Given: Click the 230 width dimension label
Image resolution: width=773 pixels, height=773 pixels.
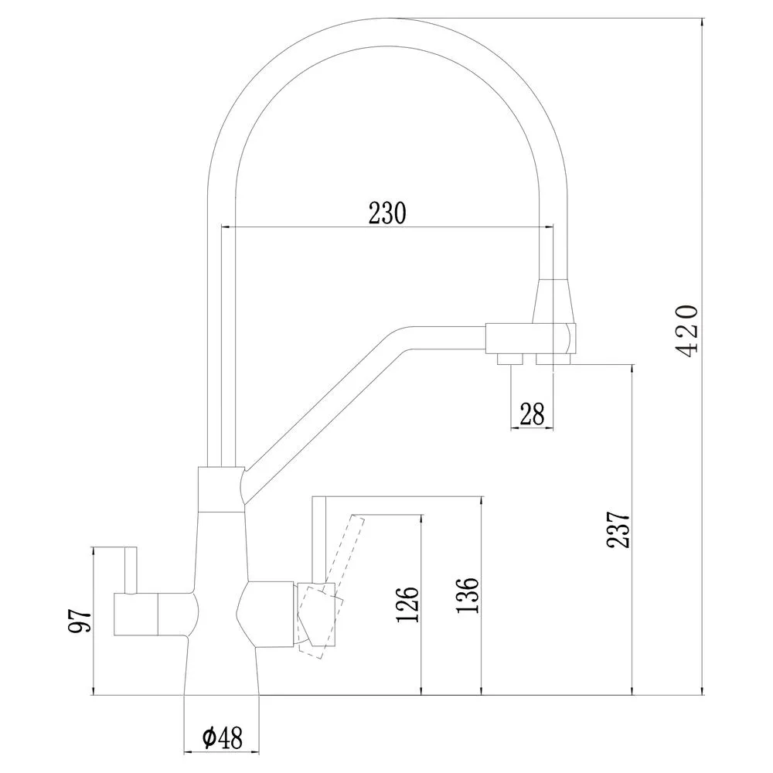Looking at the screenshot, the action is point(387,213).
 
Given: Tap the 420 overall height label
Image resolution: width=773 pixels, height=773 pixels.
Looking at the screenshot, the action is point(686,332).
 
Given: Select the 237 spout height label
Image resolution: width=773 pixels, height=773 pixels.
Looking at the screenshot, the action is point(618,530).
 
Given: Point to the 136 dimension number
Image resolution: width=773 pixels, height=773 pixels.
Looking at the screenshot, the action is point(468,595).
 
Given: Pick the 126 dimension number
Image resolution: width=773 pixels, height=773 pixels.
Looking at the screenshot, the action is point(407,605).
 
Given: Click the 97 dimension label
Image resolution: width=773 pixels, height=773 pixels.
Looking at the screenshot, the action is point(80,621).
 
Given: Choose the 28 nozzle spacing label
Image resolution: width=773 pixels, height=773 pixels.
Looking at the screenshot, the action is point(532,414).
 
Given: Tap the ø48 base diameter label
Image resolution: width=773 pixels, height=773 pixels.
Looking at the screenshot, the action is point(222,738).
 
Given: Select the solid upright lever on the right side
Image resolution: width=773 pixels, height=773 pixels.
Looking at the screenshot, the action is point(319,540).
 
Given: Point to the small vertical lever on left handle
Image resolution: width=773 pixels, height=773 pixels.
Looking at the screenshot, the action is point(131,570).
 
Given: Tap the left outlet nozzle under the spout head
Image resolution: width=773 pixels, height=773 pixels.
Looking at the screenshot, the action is point(510,359).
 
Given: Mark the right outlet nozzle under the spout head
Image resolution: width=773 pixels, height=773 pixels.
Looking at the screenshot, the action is point(553,359).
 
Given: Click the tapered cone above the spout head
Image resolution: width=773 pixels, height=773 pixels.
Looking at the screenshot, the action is point(554,301).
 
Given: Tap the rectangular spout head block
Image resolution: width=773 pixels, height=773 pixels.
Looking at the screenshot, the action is point(531,339).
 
